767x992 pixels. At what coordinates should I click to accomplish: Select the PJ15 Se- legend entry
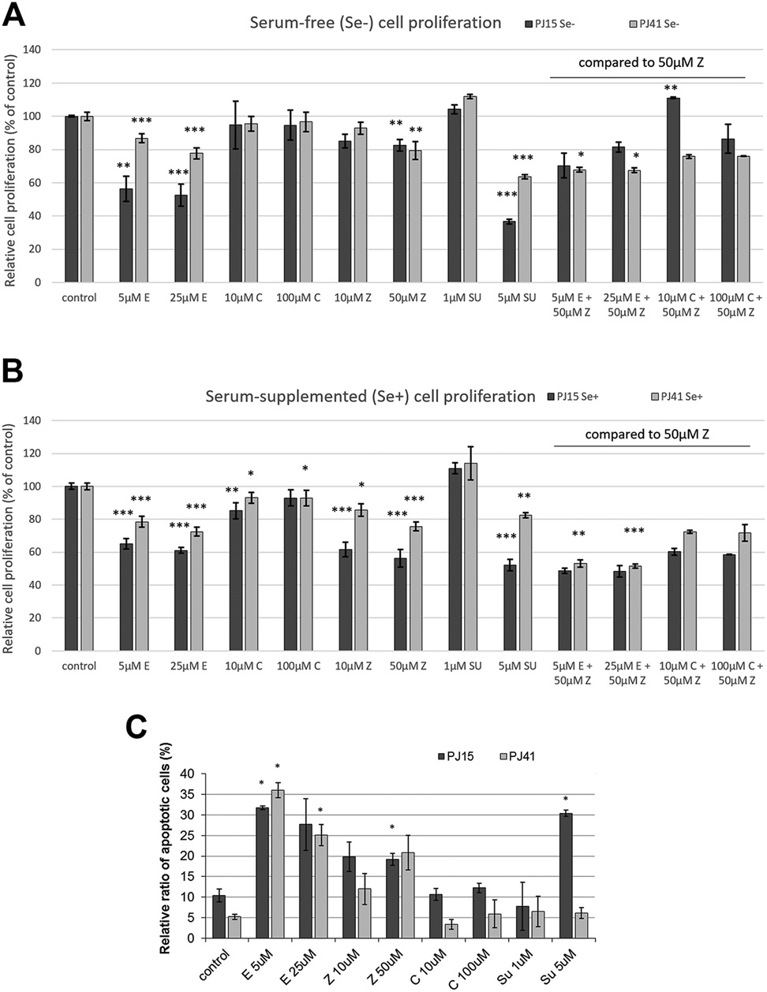[550, 24]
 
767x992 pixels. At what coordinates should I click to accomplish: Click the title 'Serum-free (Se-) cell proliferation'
[375, 23]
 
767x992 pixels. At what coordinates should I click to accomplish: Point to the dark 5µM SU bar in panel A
[509, 252]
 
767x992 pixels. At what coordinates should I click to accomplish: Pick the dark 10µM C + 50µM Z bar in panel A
[673, 190]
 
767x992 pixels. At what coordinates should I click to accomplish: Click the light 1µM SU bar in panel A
[470, 189]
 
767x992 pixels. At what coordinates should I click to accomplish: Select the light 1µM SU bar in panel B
[470, 557]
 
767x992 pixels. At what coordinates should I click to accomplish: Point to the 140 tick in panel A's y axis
[45, 50]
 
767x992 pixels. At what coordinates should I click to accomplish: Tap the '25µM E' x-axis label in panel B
[189, 666]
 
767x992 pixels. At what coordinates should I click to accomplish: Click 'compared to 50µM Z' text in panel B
[647, 434]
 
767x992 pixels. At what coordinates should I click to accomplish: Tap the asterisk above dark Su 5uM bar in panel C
[566, 800]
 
